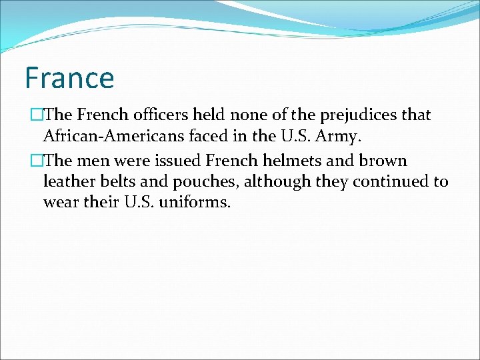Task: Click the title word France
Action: tap(69, 77)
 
